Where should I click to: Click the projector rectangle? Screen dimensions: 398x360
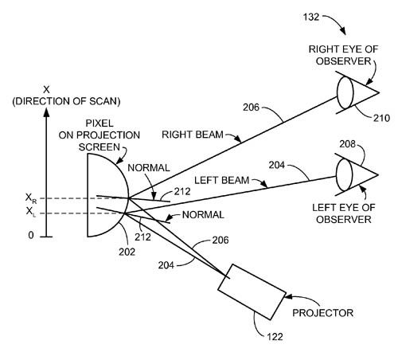pyautogui.click(x=252, y=292)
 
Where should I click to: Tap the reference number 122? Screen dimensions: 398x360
pyautogui.click(x=275, y=337)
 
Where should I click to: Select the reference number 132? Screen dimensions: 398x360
pyautogui.click(x=311, y=17)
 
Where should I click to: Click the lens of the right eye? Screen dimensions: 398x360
pyautogui.click(x=345, y=92)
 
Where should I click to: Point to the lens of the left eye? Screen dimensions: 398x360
pyautogui.click(x=344, y=174)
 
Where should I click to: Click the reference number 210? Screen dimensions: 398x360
pyautogui.click(x=381, y=118)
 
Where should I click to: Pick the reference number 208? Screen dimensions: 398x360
pyautogui.click(x=347, y=144)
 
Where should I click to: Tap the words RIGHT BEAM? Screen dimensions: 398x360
pyautogui.click(x=193, y=135)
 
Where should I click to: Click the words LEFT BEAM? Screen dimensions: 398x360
pyautogui.click(x=222, y=181)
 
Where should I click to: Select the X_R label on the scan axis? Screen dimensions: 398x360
pyautogui.click(x=31, y=198)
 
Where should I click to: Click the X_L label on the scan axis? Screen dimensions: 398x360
pyautogui.click(x=30, y=212)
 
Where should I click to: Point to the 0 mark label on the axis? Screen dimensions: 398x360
pyautogui.click(x=31, y=235)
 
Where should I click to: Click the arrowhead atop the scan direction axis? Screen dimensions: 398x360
pyautogui.click(x=46, y=112)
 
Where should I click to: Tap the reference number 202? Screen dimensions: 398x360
pyautogui.click(x=127, y=252)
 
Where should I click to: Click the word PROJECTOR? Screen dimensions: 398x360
pyautogui.click(x=322, y=313)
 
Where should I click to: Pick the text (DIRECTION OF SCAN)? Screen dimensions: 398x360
pyautogui.click(x=66, y=101)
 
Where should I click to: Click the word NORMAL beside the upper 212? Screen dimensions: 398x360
pyautogui.click(x=149, y=168)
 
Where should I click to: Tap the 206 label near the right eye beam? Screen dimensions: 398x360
pyautogui.click(x=251, y=108)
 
